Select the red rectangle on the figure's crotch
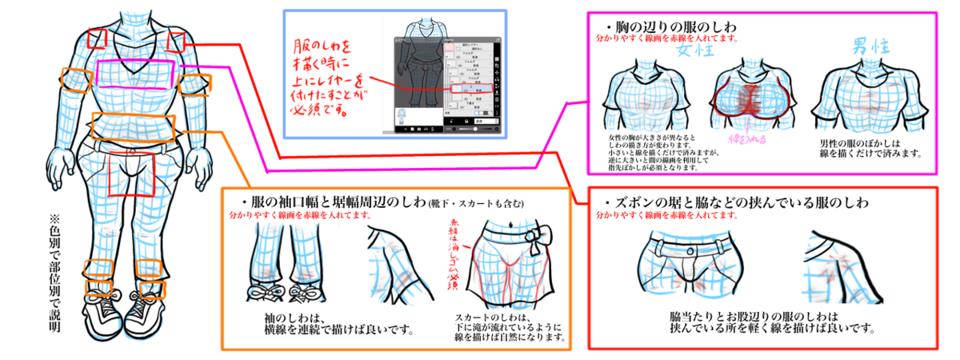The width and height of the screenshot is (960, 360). (130, 172)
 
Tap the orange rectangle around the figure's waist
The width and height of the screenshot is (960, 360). (132, 126)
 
